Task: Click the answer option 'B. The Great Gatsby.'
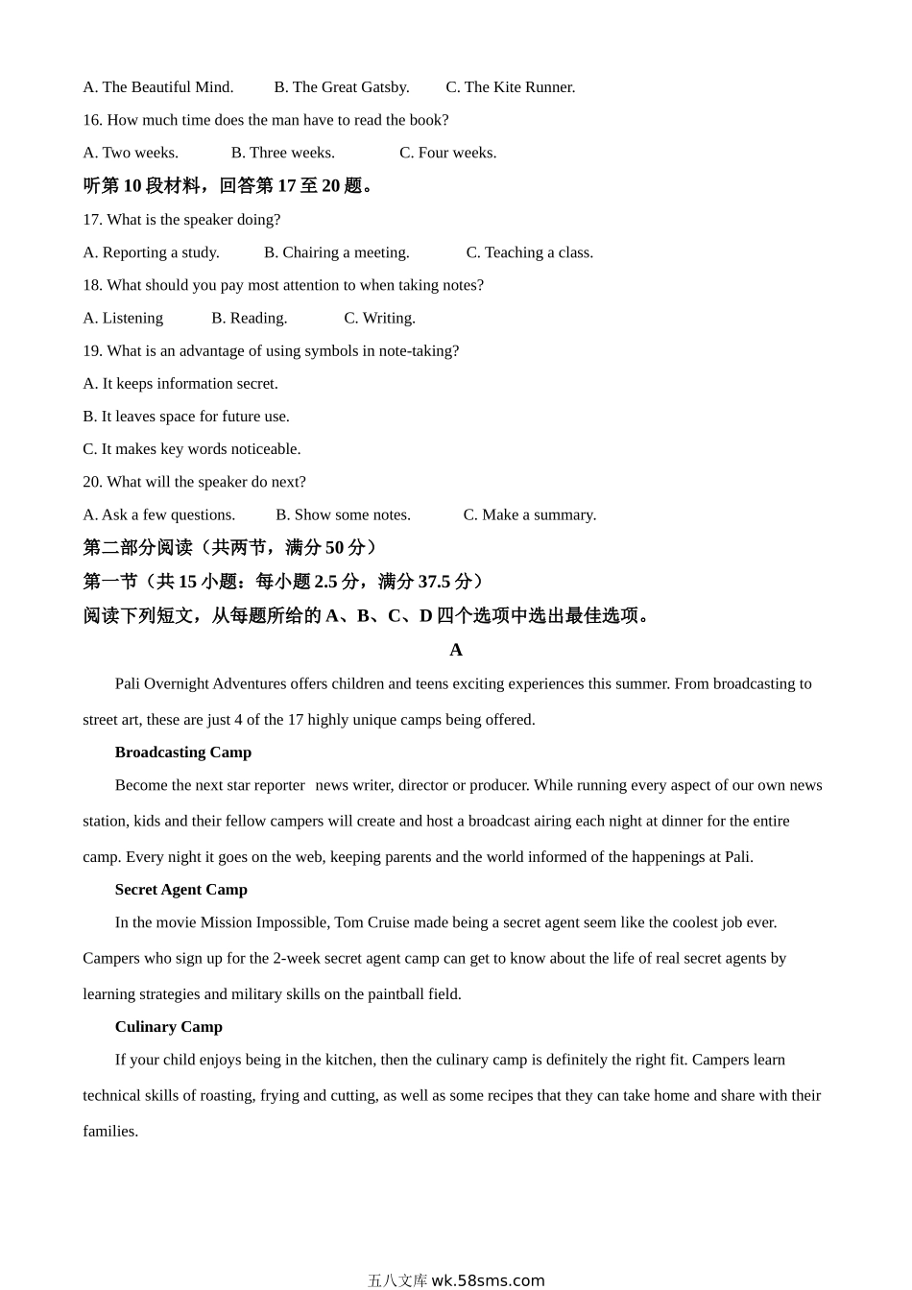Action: click(341, 87)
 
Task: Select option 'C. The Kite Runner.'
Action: click(510, 87)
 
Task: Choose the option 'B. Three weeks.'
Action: click(282, 153)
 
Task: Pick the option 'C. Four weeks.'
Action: click(447, 153)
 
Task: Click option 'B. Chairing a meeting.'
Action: click(336, 252)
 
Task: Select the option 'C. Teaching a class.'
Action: click(529, 252)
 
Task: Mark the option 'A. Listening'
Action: click(123, 318)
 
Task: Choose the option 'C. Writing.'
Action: click(379, 318)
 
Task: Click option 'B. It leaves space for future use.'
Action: click(186, 417)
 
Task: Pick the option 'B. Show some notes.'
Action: click(343, 514)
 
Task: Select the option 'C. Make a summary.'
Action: click(529, 514)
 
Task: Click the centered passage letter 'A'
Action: click(456, 650)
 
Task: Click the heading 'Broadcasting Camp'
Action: click(182, 752)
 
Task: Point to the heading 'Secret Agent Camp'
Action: click(180, 890)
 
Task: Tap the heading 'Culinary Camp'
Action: click(168, 1027)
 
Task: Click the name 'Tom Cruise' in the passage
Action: click(372, 922)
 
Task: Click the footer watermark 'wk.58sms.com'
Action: click(488, 1280)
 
